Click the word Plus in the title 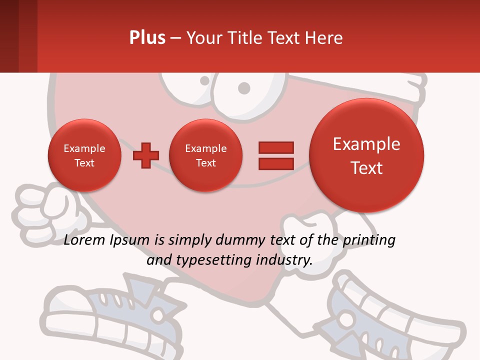147,38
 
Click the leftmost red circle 84,155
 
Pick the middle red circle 205,155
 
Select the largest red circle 366,155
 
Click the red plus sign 146,155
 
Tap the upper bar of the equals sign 276,147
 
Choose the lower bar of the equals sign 276,164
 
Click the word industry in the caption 284,260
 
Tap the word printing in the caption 369,240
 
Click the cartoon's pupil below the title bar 243,88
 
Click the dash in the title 175,38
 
